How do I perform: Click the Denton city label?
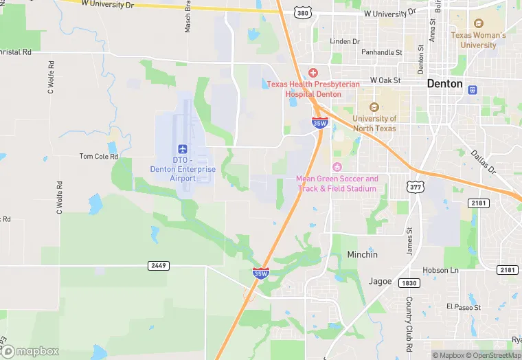(x=445, y=83)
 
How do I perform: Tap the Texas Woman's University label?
(x=478, y=40)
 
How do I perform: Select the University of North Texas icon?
(x=374, y=107)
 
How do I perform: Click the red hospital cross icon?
(x=313, y=73)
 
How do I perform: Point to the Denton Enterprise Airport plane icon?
(x=183, y=149)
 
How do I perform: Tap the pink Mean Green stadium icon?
(x=337, y=167)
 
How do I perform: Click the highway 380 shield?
(x=302, y=13)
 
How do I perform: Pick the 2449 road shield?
(x=158, y=265)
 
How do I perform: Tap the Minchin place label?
(x=362, y=254)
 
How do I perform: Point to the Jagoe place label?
(x=379, y=282)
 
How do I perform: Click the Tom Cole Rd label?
(x=99, y=157)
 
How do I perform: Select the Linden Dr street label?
(x=345, y=41)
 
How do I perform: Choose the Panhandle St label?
(x=382, y=52)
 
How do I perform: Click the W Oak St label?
(x=385, y=80)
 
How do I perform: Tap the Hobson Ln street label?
(x=440, y=271)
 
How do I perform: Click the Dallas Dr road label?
(x=483, y=161)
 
